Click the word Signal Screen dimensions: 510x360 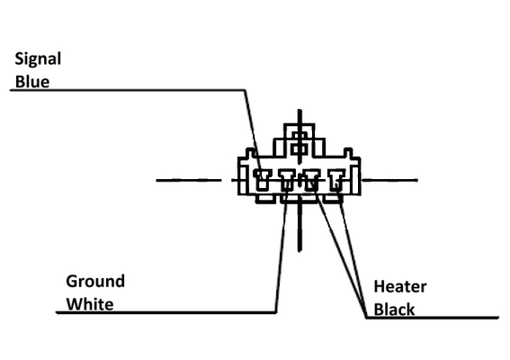click(38, 60)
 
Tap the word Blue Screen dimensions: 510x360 click(32, 81)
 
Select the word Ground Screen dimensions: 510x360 click(95, 282)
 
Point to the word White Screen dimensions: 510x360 click(90, 304)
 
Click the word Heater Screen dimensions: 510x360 click(400, 287)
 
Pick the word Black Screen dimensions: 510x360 click(394, 310)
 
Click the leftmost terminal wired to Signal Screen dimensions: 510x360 click(262, 180)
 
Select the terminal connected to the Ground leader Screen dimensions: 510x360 click(287, 180)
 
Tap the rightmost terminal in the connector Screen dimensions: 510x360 click(336, 180)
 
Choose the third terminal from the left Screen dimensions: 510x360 click(312, 180)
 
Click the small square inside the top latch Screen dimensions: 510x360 click(299, 149)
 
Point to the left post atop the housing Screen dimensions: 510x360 click(250, 153)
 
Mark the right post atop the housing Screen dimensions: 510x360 click(348, 153)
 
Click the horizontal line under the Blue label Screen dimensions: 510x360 click(128, 90)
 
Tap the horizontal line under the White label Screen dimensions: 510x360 click(166, 312)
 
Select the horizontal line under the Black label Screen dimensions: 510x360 click(433, 318)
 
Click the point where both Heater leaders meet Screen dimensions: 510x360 click(366, 317)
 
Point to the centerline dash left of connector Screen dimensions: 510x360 click(189, 180)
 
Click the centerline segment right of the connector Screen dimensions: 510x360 click(390, 180)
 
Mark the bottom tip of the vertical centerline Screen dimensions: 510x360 click(300, 251)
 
